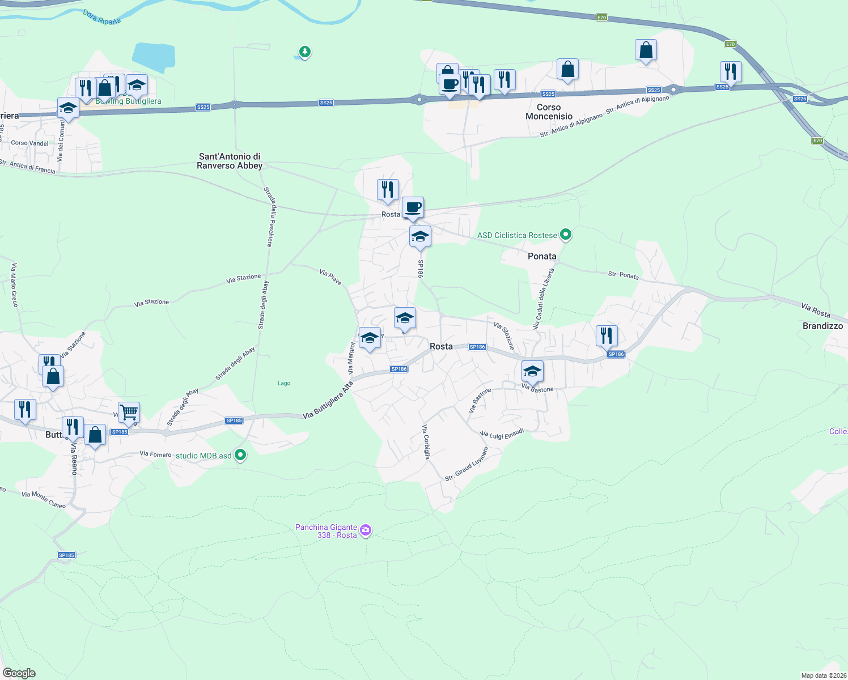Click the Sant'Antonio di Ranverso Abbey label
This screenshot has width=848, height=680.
coord(230,161)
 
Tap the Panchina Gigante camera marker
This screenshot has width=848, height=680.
coord(366,530)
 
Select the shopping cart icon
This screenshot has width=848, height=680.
coord(129,412)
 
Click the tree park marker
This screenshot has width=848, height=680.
coord(305,52)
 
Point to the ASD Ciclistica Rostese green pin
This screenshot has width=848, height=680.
coord(565,234)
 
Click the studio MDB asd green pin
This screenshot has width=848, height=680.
coord(240,455)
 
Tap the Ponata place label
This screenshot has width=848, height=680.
coord(542,256)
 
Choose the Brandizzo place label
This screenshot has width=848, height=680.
coord(822,326)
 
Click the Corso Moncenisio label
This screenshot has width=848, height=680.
coord(549,112)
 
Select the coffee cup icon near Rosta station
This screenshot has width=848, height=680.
coord(413,208)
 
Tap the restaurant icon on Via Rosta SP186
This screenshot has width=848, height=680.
coord(606,335)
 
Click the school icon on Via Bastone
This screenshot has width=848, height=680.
coord(532,371)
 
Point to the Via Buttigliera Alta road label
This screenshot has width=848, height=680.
coord(328,400)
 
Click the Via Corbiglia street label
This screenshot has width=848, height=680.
coord(426,441)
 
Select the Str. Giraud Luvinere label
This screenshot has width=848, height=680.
coord(467,464)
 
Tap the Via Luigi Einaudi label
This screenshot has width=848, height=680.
coord(502,433)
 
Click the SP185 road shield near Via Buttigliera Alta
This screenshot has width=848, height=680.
coord(234,420)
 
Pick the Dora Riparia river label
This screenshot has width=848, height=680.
coord(102,17)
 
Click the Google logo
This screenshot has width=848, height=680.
coord(19,673)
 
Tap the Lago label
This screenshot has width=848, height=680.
coord(284,383)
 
